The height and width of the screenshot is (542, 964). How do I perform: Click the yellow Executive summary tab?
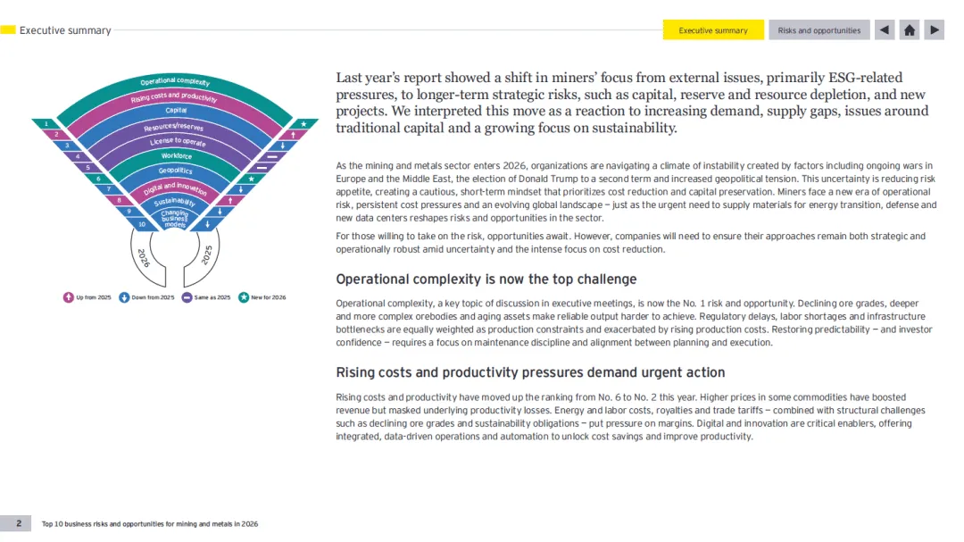[x=713, y=30]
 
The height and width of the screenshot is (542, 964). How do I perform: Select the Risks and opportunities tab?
[x=819, y=30]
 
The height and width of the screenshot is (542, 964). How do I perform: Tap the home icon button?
[x=910, y=30]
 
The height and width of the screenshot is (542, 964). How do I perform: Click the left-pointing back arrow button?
[x=884, y=30]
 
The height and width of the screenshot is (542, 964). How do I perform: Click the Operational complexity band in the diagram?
[x=175, y=82]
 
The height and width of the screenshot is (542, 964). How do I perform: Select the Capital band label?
[x=176, y=111]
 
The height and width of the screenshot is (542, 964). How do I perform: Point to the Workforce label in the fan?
[x=176, y=156]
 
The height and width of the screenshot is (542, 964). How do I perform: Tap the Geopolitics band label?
[x=176, y=171]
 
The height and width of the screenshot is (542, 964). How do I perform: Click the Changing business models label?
[x=175, y=219]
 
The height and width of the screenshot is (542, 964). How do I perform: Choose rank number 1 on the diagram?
[x=46, y=123]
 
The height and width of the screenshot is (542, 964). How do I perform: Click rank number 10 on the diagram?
[x=142, y=224]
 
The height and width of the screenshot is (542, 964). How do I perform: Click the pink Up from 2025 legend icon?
[x=69, y=297]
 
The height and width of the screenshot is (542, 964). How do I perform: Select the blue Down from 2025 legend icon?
[x=124, y=297]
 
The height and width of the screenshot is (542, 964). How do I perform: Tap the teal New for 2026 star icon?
[x=244, y=297]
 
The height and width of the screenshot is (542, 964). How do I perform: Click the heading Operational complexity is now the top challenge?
[x=486, y=279]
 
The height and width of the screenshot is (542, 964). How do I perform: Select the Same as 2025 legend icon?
[x=187, y=297]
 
